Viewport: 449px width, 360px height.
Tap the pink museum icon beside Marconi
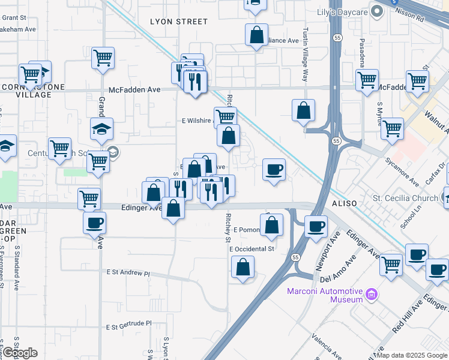(x=372, y=295)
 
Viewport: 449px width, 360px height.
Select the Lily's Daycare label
(x=342, y=12)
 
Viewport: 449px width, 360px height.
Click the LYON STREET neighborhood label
(x=178, y=22)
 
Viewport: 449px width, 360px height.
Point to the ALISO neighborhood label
(x=345, y=204)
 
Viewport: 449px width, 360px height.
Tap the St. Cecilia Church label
(x=407, y=197)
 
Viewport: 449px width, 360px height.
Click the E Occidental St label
(x=252, y=248)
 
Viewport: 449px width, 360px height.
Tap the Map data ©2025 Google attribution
(x=412, y=355)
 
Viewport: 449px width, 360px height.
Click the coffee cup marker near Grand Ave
(x=95, y=224)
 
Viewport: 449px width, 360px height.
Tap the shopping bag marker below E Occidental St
(x=243, y=268)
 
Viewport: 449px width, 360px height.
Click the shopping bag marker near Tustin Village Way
(x=304, y=111)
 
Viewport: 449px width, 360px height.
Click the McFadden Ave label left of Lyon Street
(x=137, y=89)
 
